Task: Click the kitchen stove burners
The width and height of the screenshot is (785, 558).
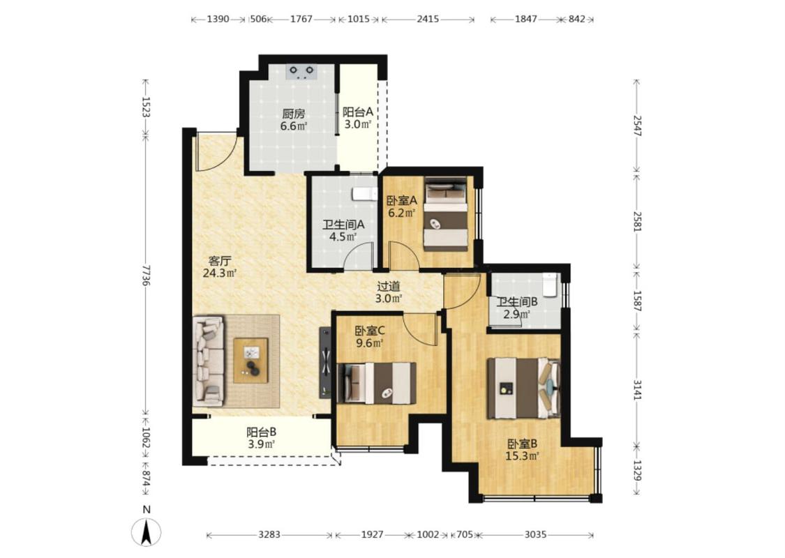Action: coord(301,72)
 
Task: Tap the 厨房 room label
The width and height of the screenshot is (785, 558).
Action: coord(293,114)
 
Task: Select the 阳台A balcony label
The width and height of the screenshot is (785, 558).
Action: coord(357,112)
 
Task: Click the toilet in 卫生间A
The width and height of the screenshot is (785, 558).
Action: coord(364,194)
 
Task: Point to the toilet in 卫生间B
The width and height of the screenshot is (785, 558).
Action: coord(551,285)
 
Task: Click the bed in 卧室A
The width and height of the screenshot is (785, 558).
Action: coord(446,213)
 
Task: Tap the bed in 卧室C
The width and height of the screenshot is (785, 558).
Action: coord(376,383)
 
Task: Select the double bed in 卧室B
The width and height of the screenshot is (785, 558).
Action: coord(523,388)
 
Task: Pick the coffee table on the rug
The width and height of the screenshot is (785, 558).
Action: coord(251,361)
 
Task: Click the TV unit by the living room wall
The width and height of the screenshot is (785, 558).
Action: coord(325,362)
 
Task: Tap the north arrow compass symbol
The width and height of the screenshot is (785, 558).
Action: coord(147,531)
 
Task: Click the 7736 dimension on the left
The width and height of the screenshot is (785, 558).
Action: coord(146,275)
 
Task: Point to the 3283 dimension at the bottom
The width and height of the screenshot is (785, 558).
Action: coord(269,534)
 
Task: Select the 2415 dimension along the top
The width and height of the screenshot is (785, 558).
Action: coord(428,19)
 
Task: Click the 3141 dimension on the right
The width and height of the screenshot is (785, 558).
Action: coord(637,389)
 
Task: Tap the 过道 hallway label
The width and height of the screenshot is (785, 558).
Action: coord(389,286)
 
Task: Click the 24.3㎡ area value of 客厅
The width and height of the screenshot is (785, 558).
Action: coord(220,273)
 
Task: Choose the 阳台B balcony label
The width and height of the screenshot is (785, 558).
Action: coord(262,432)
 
